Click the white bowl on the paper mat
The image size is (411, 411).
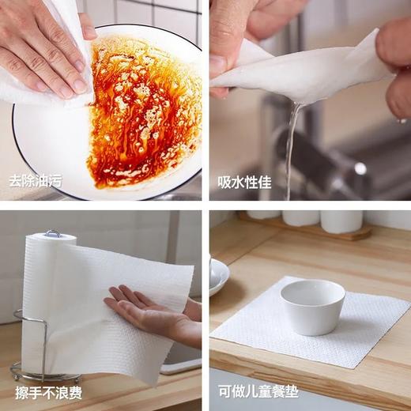pyautogui.click(x=313, y=305)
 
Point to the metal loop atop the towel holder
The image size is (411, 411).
pyautogui.click(x=52, y=233)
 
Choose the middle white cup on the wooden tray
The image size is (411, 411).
pyautogui.click(x=301, y=217)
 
